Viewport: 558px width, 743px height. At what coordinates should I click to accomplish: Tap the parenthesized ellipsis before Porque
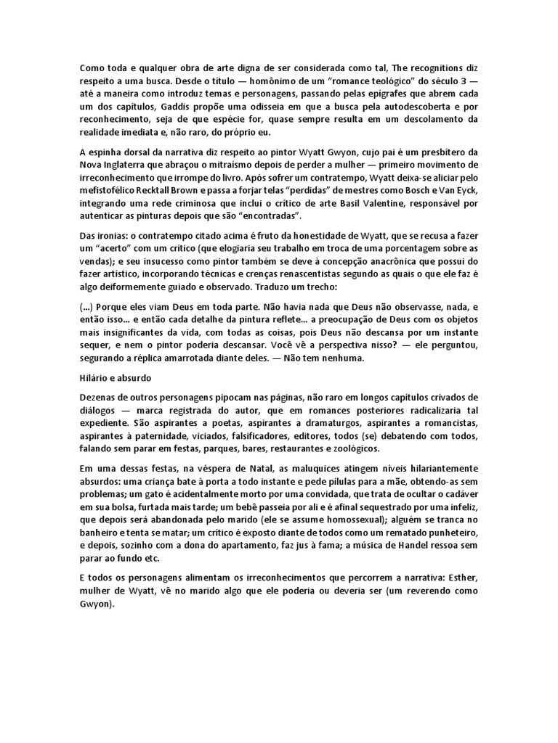tap(86, 307)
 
